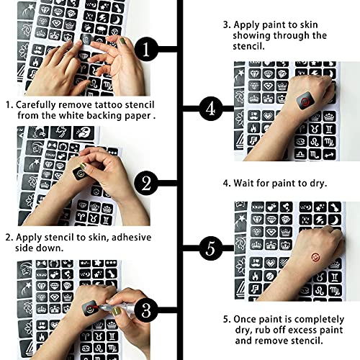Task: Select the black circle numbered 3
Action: pyautogui.click(x=147, y=311)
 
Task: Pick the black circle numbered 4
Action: pyautogui.click(x=210, y=109)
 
